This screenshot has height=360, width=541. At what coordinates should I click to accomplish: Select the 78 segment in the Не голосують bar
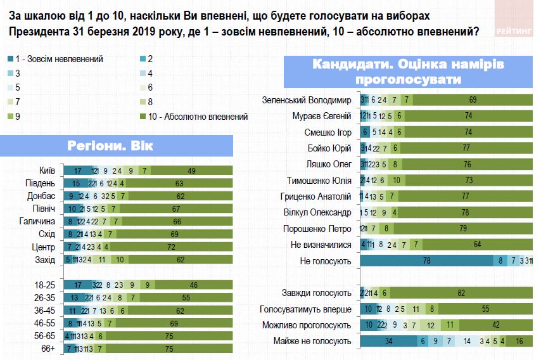coord(427,260)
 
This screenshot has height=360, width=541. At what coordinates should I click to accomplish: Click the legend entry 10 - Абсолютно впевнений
coord(197,116)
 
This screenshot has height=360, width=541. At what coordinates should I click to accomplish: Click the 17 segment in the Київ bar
coord(76,170)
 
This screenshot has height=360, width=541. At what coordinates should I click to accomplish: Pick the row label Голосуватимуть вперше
coord(305,309)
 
